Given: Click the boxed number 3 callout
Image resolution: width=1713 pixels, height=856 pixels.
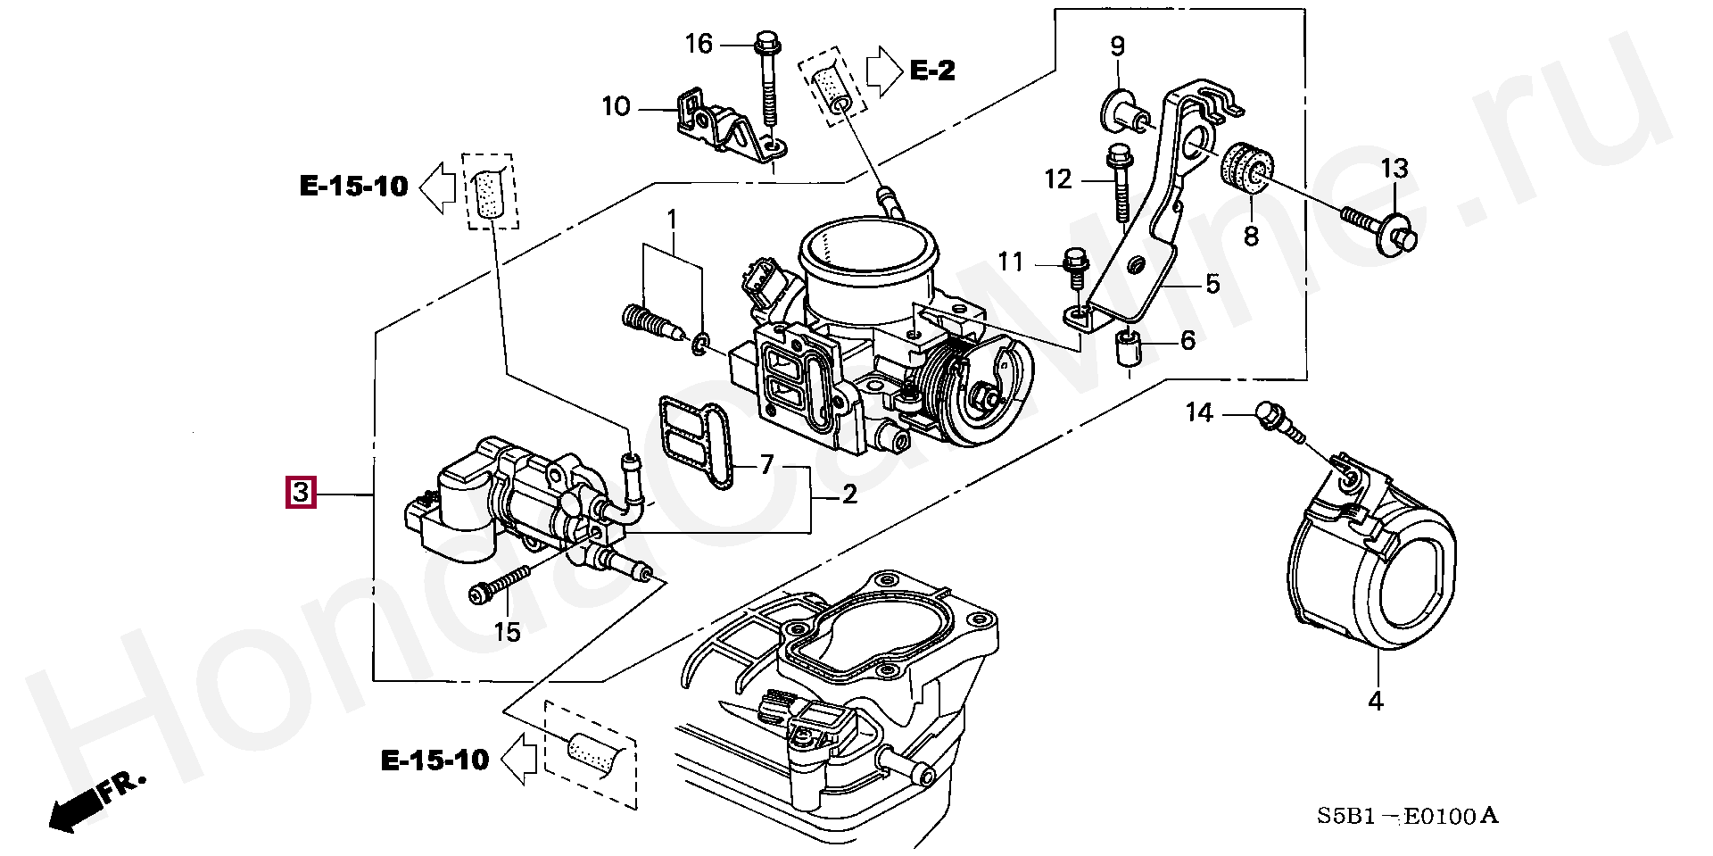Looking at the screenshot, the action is point(301,493).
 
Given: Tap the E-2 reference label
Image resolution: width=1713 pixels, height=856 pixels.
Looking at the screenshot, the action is point(932,70).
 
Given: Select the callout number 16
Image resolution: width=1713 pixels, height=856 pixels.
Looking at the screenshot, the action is point(699,44).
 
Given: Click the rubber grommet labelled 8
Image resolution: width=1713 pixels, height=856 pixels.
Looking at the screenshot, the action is point(1248,178).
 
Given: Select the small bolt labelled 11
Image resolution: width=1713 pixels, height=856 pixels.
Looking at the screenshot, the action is point(1074,269).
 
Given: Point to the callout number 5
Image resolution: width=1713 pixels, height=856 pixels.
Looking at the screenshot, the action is point(1212,284).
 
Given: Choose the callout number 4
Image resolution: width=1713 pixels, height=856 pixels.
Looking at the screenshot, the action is point(1376,701).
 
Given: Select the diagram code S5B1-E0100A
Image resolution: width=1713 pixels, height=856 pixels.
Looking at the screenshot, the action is point(1407,816).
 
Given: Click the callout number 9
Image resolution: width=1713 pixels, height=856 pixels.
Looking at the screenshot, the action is point(1118,46).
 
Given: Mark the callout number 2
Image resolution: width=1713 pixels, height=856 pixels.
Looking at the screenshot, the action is point(849,493).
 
